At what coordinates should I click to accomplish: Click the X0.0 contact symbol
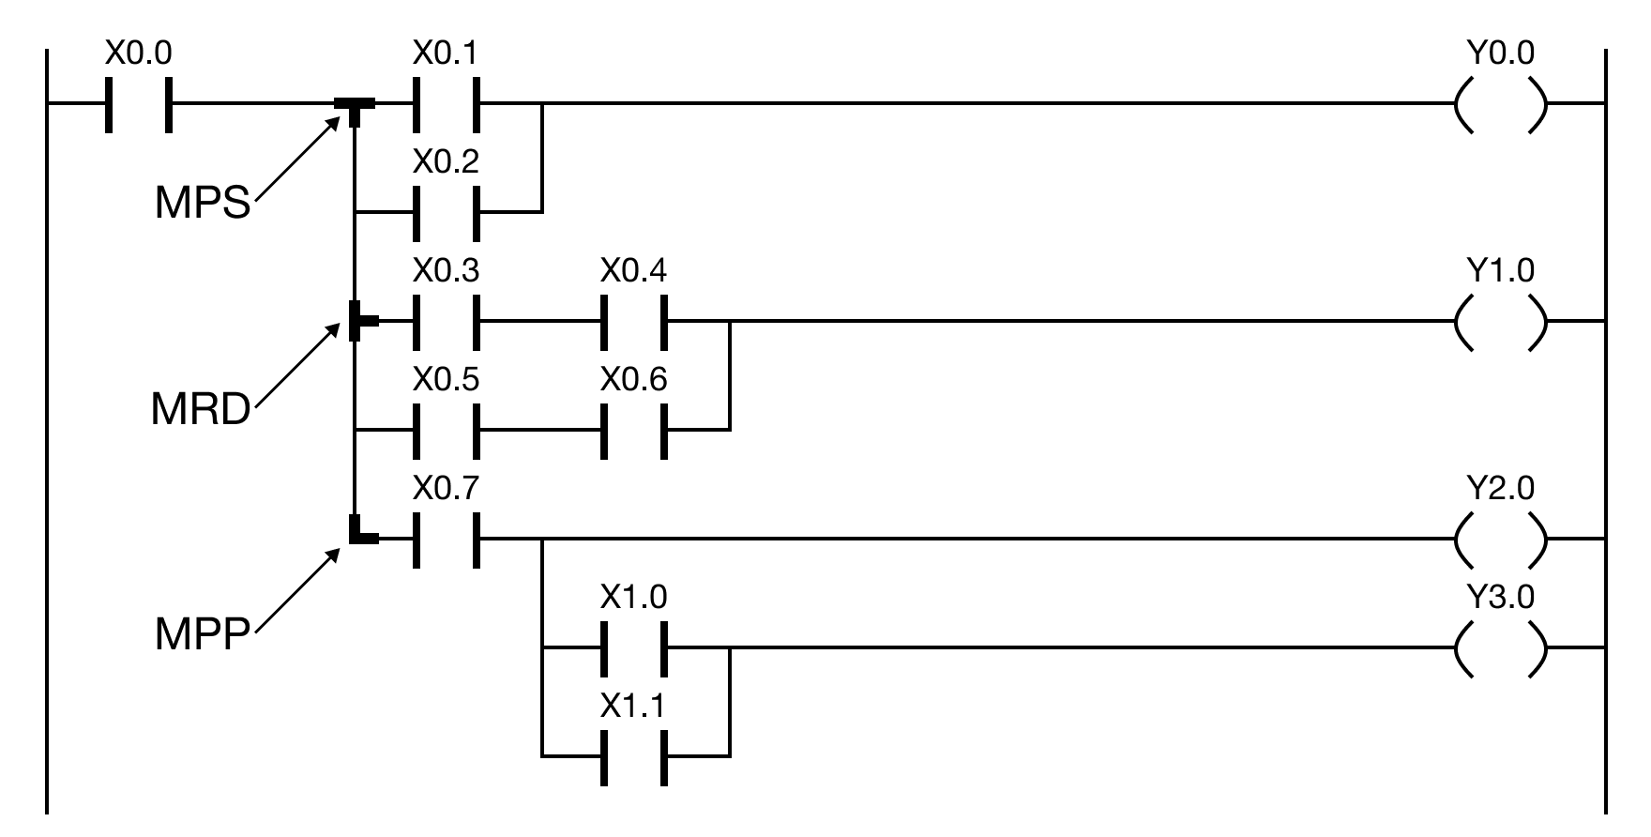(x=139, y=103)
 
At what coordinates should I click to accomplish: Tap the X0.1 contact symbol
(x=447, y=103)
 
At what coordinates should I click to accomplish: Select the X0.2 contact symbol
(x=447, y=212)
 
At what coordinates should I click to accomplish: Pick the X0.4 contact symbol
(x=634, y=321)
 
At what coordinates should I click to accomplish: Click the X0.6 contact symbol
(x=634, y=430)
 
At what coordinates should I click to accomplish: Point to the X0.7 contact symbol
(x=447, y=539)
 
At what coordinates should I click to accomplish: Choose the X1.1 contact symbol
(x=634, y=756)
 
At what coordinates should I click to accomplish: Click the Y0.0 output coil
(x=1500, y=103)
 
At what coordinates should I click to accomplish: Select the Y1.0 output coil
(x=1500, y=321)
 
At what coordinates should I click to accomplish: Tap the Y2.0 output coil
(x=1500, y=539)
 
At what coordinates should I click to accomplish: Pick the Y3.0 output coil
(x=1500, y=647)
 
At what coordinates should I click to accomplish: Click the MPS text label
(x=203, y=202)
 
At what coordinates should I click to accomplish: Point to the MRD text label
(x=201, y=410)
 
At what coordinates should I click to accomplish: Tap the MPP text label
(x=203, y=633)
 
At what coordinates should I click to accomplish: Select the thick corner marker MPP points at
(x=359, y=532)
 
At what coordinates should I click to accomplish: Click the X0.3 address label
(x=446, y=271)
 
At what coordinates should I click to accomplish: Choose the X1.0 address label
(x=633, y=598)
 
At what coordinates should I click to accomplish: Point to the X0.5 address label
(x=446, y=380)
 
